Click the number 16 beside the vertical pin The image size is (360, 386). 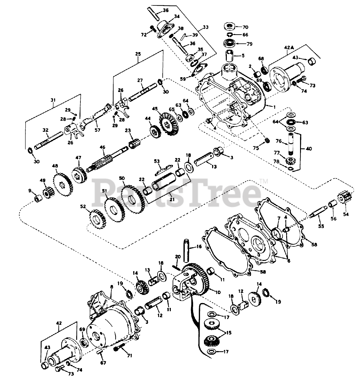coord(199,247)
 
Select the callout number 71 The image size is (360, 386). coord(130,356)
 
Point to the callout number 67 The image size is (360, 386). coord(103,363)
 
